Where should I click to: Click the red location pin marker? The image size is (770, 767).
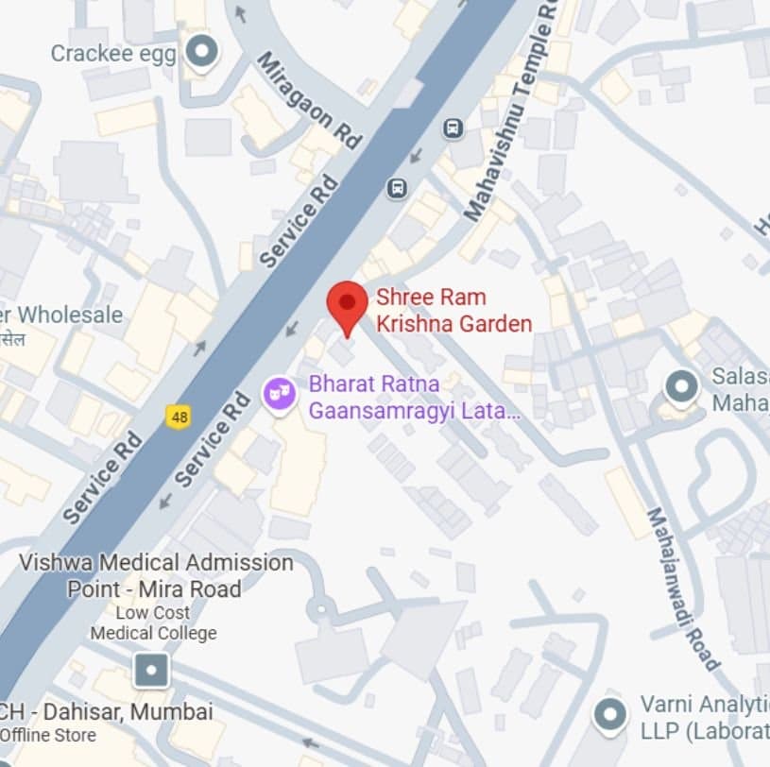pos(348,304)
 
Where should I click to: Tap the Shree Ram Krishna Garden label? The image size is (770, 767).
pos(453,311)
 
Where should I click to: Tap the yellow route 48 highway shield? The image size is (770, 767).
pos(177,415)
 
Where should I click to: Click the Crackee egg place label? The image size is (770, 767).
pos(112,53)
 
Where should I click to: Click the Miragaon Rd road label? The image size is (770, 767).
pos(310,99)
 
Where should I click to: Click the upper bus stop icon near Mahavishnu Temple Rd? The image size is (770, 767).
pos(453,128)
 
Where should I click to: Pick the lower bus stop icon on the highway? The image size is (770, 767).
pos(398,189)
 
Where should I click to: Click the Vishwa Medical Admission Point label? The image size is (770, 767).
pos(156,575)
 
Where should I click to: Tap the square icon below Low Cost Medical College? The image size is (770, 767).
pos(151,671)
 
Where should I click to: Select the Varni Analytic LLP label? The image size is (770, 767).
pos(704,716)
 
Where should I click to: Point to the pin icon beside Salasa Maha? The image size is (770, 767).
pos(680,387)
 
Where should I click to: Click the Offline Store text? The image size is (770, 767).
pos(47,735)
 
